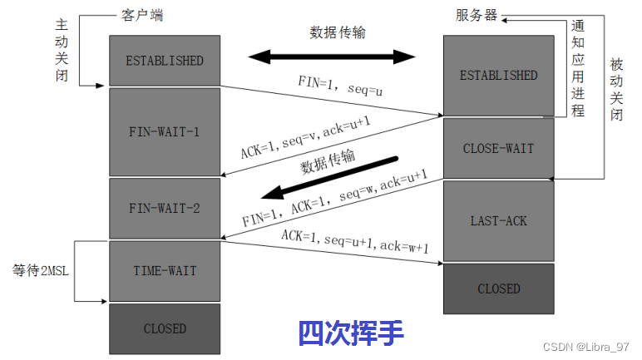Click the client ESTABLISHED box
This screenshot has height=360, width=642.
165,61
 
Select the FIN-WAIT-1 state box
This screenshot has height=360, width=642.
165,131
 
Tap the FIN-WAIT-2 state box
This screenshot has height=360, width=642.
165,208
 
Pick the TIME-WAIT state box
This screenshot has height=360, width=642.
165,271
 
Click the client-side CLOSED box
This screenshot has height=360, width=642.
165,328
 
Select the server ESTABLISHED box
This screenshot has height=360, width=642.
498,76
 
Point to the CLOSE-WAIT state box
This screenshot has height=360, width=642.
498,149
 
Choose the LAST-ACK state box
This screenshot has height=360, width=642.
498,221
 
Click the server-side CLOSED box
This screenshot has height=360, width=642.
498,288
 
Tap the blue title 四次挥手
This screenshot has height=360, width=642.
351,333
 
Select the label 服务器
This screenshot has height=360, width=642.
477,17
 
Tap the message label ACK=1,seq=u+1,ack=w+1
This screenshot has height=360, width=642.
354,242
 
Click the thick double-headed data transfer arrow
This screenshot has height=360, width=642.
331,57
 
